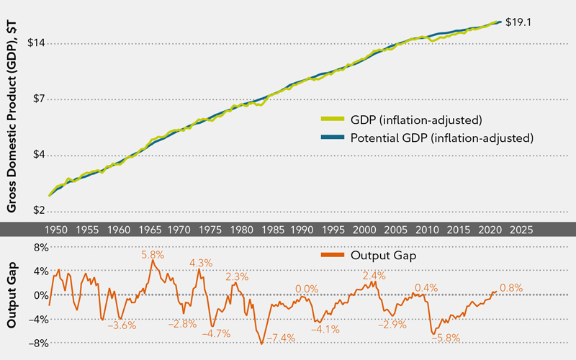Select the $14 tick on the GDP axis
click(x=37, y=43)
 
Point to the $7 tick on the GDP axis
click(x=40, y=99)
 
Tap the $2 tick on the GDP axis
click(x=40, y=211)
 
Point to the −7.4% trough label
click(x=281, y=338)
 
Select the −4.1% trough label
click(x=325, y=329)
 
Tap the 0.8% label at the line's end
click(x=511, y=288)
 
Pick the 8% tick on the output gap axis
click(x=37, y=248)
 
